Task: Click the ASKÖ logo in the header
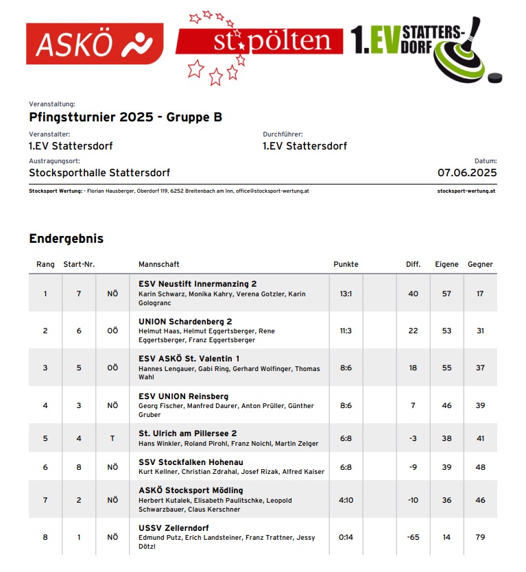[x=95, y=45]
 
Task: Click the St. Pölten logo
[x=259, y=43]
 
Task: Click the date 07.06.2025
[x=467, y=173]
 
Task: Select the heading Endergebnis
[x=66, y=239]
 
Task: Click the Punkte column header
[x=346, y=264]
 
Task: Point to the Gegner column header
[x=480, y=264]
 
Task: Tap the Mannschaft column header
[x=159, y=264]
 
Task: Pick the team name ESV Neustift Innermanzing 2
[x=198, y=284]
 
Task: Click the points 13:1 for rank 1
[x=346, y=294]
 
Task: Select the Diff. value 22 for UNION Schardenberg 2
[x=413, y=331]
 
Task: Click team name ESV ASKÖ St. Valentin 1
[x=189, y=359]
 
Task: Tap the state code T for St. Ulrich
[x=112, y=438]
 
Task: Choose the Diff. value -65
[x=413, y=537]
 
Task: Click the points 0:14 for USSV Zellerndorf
[x=346, y=537]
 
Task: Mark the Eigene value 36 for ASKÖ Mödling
[x=446, y=500]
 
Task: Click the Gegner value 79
[x=480, y=537]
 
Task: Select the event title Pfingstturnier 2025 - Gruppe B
[x=125, y=117]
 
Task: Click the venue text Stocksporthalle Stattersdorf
[x=99, y=173]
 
